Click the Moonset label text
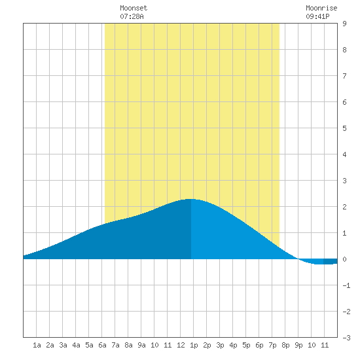coord(134,8)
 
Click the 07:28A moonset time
coord(132,16)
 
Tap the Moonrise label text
coord(321,8)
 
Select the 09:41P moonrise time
coord(317,16)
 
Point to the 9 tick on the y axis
coord(344,24)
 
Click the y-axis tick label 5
coord(344,128)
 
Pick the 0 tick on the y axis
coord(344,259)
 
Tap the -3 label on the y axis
coord(346,338)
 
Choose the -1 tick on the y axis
coord(346,285)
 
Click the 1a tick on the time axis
coord(37,345)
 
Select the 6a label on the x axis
coord(102,345)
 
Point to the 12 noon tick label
coord(181,345)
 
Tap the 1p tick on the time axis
coord(194,346)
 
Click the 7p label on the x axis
coord(272,346)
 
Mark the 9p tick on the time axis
coord(298,346)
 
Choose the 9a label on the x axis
coord(141,345)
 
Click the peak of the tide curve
coord(190,199)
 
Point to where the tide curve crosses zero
coord(298,259)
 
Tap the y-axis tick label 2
coord(344,207)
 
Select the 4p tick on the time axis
coord(233,346)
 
